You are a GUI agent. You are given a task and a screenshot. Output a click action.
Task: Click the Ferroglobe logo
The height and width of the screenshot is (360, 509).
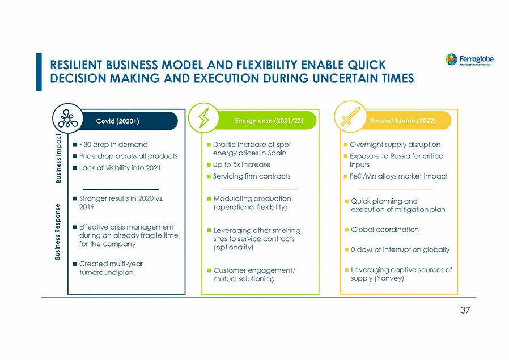click(x=469, y=60)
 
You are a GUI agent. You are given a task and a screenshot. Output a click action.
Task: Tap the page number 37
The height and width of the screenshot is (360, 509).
click(x=465, y=310)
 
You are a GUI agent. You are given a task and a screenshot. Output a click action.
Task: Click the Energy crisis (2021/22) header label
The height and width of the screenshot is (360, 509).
click(x=269, y=121)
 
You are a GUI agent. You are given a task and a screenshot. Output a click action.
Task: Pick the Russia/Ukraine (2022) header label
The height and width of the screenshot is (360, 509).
click(x=402, y=121)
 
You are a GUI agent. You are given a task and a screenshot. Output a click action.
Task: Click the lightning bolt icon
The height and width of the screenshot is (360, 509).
click(x=204, y=118)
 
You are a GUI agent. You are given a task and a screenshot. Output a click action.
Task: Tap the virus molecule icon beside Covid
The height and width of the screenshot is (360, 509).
click(x=67, y=118)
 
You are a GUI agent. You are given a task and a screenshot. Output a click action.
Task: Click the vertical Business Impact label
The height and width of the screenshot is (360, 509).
click(x=58, y=158)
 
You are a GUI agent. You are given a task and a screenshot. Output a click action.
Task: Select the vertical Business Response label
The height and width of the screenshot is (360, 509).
click(x=57, y=232)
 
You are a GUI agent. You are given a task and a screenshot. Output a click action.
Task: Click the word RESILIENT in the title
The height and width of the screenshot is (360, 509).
click(x=76, y=65)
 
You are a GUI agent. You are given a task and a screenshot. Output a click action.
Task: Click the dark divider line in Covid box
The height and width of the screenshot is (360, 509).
click(x=121, y=189)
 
